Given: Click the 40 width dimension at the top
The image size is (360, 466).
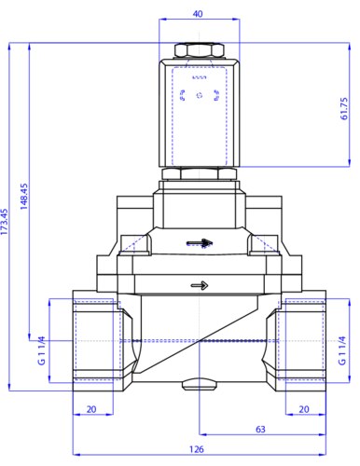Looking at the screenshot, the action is point(198,14).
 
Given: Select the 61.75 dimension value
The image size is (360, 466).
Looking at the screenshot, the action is point(344,108).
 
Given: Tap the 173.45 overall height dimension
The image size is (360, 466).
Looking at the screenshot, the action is point(4,222).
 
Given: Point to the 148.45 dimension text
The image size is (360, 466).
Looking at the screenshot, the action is point(24,196).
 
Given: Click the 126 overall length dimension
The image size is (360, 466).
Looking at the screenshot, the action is point(197,449).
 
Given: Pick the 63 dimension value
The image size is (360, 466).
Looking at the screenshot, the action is point(260,429).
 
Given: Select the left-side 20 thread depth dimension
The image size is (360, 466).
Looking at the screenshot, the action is point(91,409).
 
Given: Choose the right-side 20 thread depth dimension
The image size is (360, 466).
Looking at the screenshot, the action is point(304,409).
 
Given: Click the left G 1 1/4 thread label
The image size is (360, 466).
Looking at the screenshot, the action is point(41,350).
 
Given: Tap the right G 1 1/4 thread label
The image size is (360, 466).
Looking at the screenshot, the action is point(341,350).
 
